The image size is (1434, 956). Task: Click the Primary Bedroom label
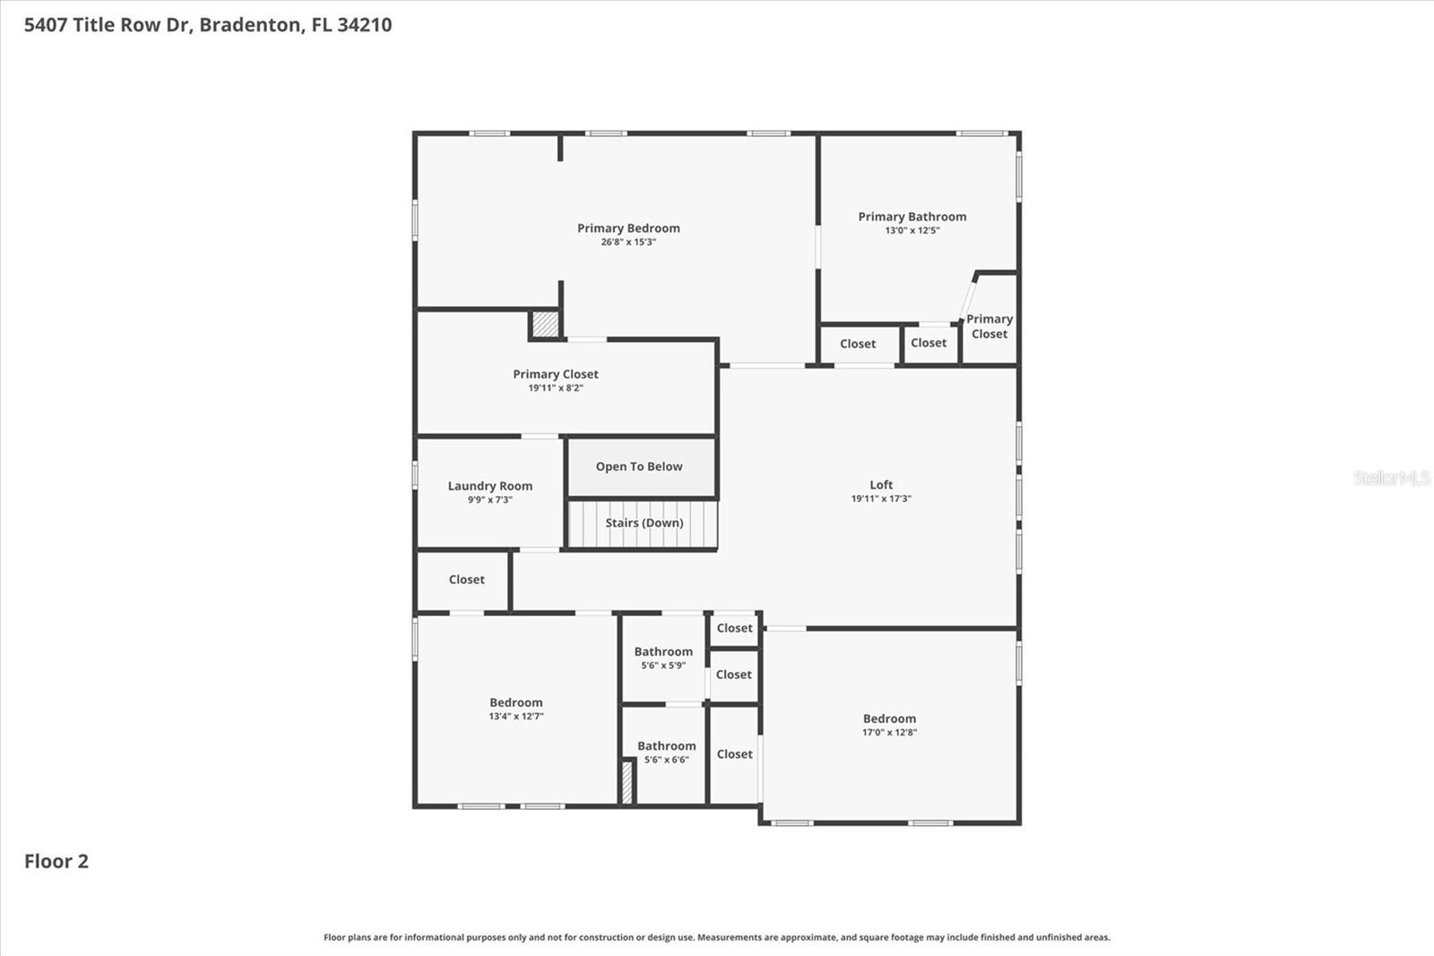tap(628, 228)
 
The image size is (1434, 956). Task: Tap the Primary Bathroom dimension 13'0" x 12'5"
tap(911, 230)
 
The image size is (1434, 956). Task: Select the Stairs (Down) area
tap(644, 523)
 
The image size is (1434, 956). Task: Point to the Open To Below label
tap(639, 466)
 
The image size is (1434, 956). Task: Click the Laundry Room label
tap(489, 486)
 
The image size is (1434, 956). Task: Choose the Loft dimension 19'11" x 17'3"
tap(881, 499)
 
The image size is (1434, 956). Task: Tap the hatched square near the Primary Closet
tap(545, 324)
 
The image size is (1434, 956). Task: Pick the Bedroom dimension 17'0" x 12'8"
tap(889, 733)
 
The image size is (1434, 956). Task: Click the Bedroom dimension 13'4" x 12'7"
tap(516, 717)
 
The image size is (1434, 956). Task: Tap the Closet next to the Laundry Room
tap(466, 579)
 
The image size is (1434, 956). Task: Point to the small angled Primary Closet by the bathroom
tap(989, 326)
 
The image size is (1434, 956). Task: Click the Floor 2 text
tap(56, 861)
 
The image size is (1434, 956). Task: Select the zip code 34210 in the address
tap(365, 24)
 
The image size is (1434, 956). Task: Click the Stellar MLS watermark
tap(1391, 478)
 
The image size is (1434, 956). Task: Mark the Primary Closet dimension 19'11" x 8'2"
tap(555, 388)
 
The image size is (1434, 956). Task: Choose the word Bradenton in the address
tap(250, 24)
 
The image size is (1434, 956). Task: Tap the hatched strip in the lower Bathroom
tap(627, 781)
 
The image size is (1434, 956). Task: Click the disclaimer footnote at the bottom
tap(716, 937)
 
